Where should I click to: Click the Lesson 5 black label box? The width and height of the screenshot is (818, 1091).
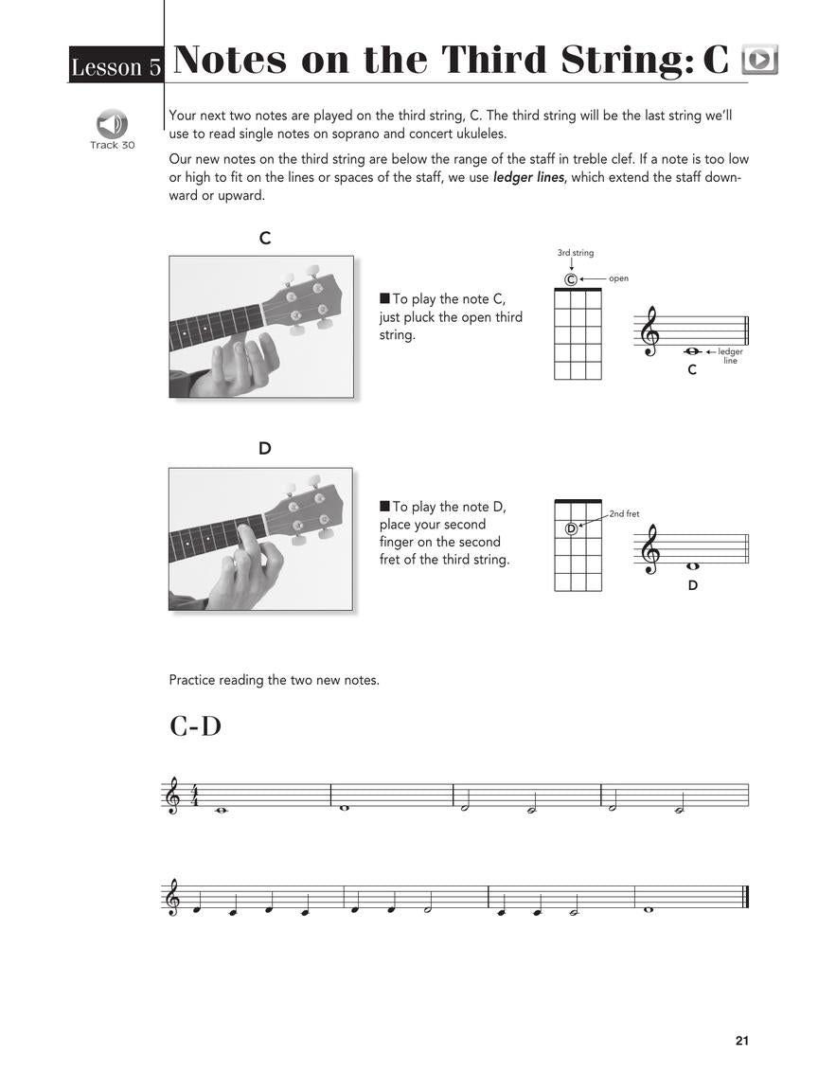coord(116,65)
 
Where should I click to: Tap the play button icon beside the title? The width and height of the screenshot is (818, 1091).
coord(759,60)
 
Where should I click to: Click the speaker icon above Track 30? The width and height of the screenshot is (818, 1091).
coord(112,124)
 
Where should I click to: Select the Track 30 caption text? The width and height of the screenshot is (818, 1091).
coord(112,145)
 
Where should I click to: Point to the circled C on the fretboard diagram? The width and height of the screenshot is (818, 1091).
coord(570,279)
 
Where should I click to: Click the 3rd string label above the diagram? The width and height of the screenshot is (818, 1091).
coord(576,253)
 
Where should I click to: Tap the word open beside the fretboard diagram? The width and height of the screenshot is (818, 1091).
coord(618,278)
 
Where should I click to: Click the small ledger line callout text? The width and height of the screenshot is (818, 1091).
coord(730,356)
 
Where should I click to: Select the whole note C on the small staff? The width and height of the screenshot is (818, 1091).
coord(692,351)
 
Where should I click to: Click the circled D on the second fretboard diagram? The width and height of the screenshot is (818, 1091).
coord(571,528)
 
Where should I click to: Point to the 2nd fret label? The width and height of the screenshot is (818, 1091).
coord(624,513)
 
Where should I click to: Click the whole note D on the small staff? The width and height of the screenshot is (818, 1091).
coord(692,566)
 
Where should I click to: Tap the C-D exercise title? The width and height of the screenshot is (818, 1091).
coord(195,726)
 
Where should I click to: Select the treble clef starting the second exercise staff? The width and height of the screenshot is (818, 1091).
coord(172,897)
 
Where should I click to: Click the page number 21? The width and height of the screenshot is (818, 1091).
coord(741,1041)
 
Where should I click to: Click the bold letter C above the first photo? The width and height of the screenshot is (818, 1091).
coord(265,239)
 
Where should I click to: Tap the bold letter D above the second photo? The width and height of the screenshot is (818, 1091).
coord(265,449)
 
